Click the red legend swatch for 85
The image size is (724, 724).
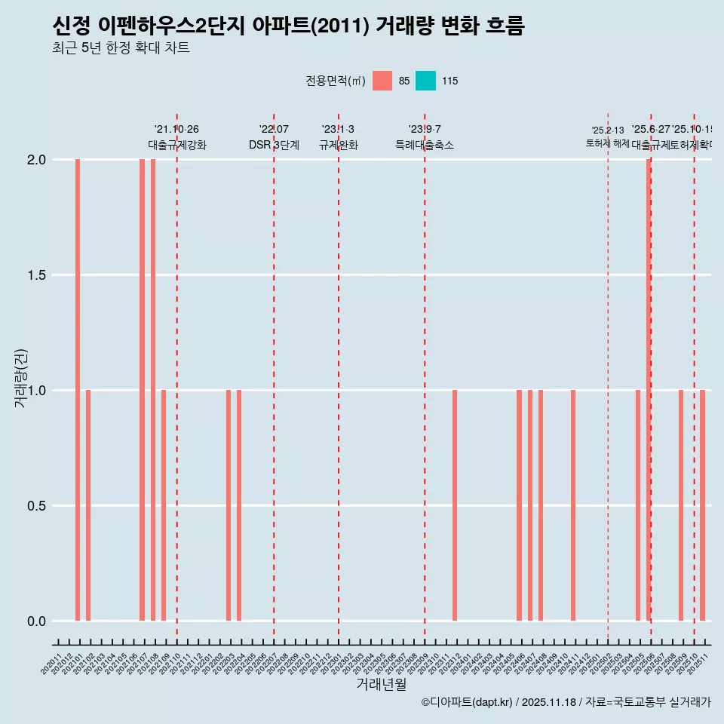382,81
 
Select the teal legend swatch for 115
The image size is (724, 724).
426,81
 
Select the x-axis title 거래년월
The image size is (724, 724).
381,684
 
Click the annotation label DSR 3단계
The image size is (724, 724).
274,145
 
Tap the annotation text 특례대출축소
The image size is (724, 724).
425,145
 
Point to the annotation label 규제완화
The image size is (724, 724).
338,145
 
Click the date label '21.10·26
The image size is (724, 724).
176,130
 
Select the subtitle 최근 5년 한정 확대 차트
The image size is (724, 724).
121,48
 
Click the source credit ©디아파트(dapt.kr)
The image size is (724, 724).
468,702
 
